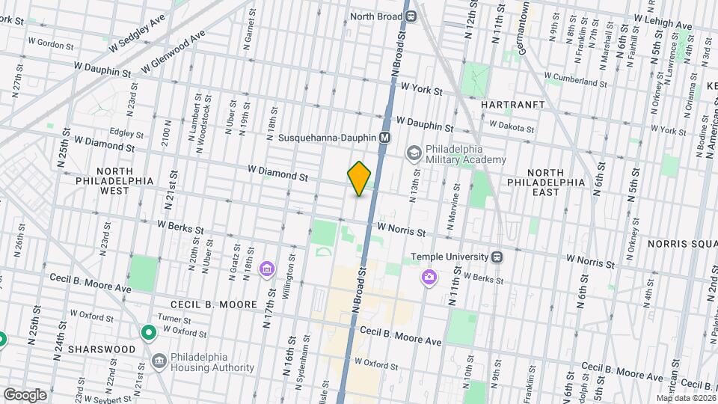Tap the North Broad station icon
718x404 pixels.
[411, 15]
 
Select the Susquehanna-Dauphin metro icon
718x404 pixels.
[385, 138]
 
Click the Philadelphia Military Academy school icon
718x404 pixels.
[413, 154]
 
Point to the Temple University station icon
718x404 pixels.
[496, 257]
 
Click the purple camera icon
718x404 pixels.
[429, 278]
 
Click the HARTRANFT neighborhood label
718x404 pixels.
[512, 105]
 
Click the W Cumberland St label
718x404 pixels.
[575, 79]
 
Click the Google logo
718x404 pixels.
[25, 394]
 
